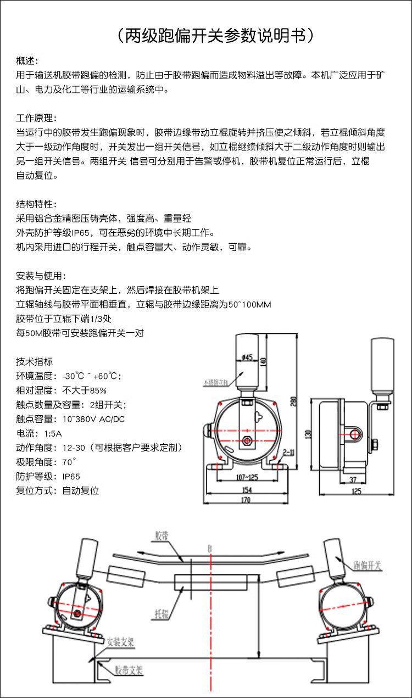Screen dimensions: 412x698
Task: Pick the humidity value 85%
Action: click(98, 390)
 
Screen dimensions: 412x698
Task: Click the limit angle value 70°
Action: click(69, 462)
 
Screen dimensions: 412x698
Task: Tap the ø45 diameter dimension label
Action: click(247, 358)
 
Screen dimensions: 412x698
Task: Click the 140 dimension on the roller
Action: click(263, 361)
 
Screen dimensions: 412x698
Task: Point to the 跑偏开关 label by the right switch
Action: click(363, 565)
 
